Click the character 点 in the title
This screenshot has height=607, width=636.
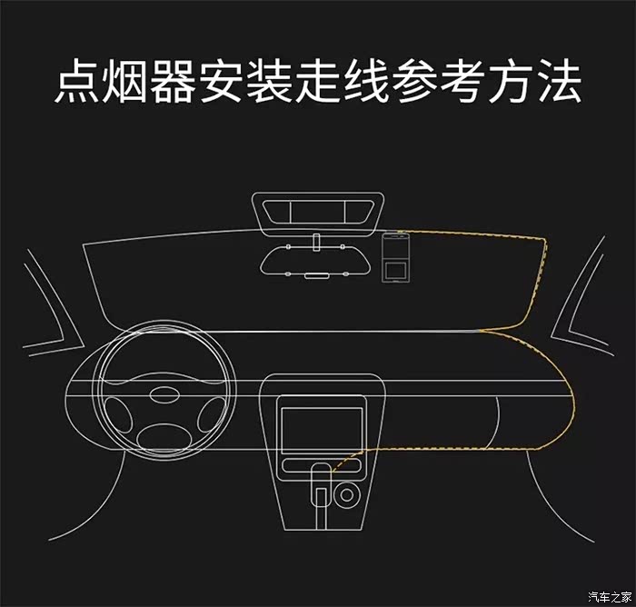[x=76, y=81]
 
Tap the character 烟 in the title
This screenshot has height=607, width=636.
[x=124, y=81]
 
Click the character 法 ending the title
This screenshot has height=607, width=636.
[x=560, y=81]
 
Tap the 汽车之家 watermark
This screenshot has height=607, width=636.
[x=610, y=597]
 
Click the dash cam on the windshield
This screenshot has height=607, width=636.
[x=395, y=257]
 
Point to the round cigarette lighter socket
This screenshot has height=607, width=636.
[x=346, y=495]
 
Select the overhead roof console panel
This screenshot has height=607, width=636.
[x=318, y=214]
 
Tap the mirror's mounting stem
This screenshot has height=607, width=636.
[x=316, y=243]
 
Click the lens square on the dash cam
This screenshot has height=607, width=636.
[x=395, y=270]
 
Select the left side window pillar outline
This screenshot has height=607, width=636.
[x=54, y=304]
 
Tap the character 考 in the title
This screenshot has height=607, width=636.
[x=462, y=81]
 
